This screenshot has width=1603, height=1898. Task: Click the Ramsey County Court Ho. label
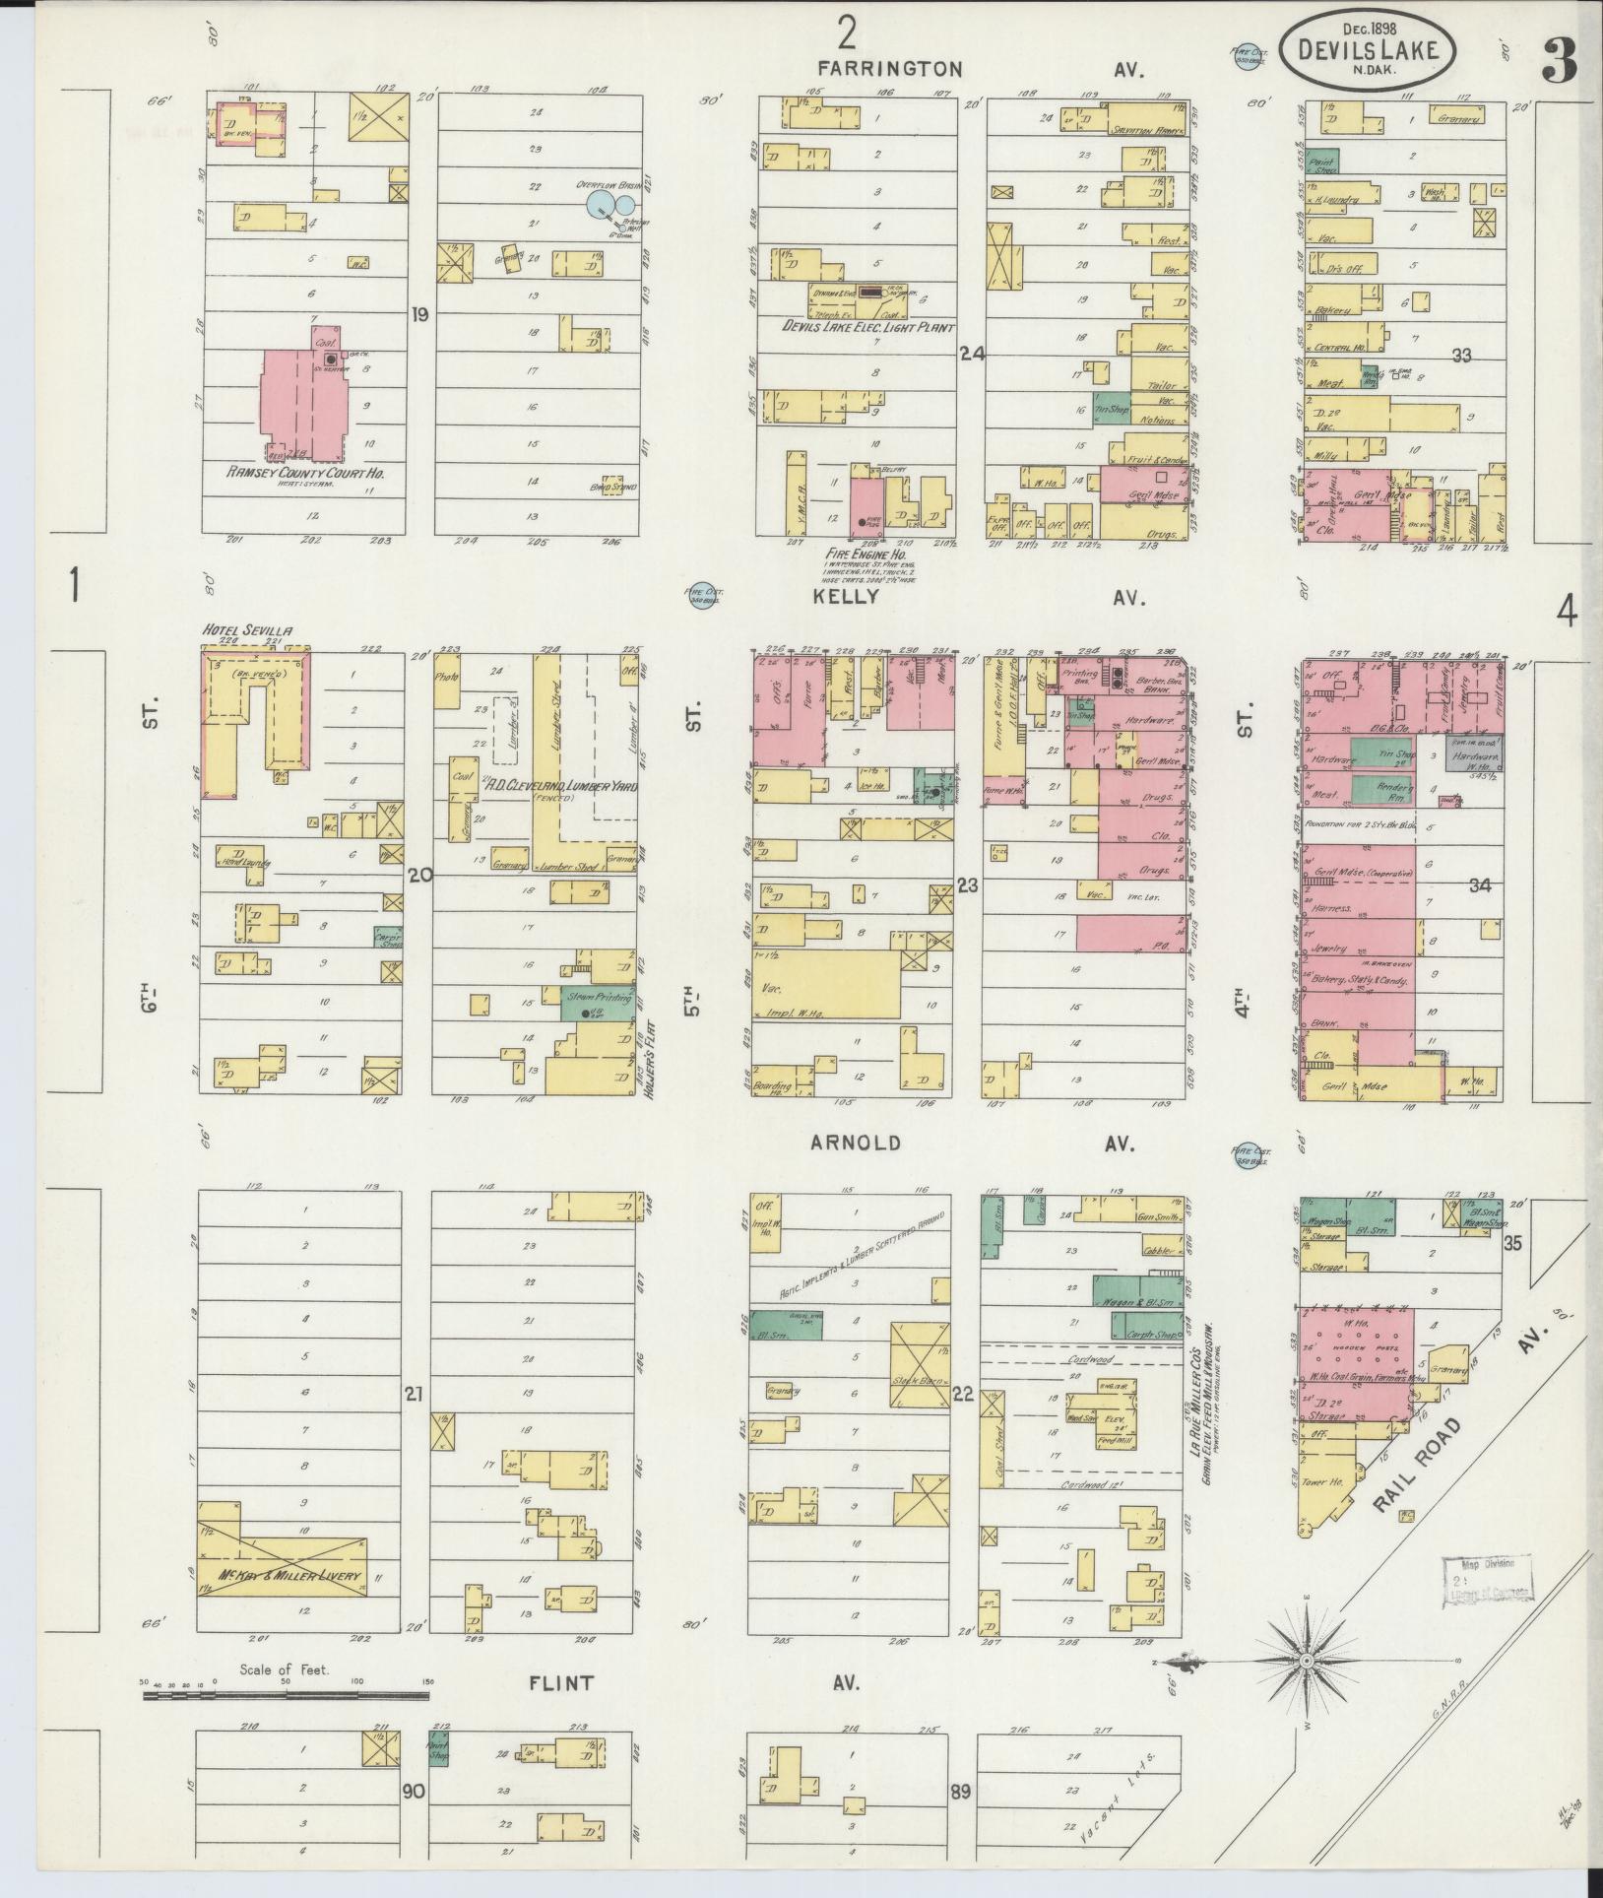pos(304,474)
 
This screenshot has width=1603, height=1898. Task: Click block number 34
pos(1480,885)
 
